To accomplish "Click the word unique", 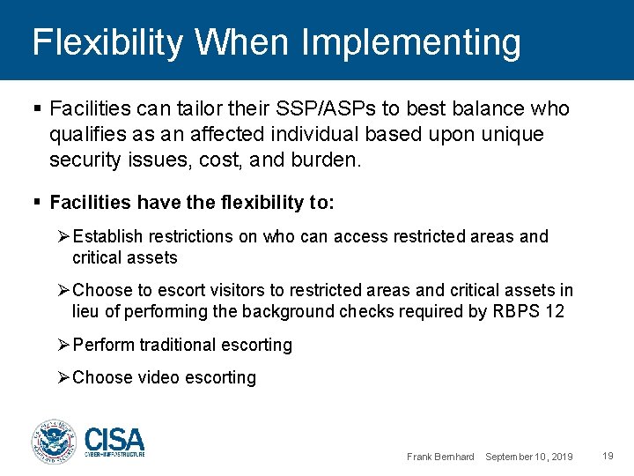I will pyautogui.click(x=513, y=134).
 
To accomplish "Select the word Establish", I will pyautogui.click(x=109, y=236).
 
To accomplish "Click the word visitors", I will pyautogui.click(x=234, y=291).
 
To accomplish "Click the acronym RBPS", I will pyautogui.click(x=514, y=311).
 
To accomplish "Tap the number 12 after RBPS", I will pyautogui.click(x=554, y=311).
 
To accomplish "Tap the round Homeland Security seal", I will pyautogui.click(x=55, y=442).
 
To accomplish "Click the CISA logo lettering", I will pyautogui.click(x=114, y=438).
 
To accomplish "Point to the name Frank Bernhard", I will pyautogui.click(x=440, y=457).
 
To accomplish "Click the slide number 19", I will pyautogui.click(x=608, y=456).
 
